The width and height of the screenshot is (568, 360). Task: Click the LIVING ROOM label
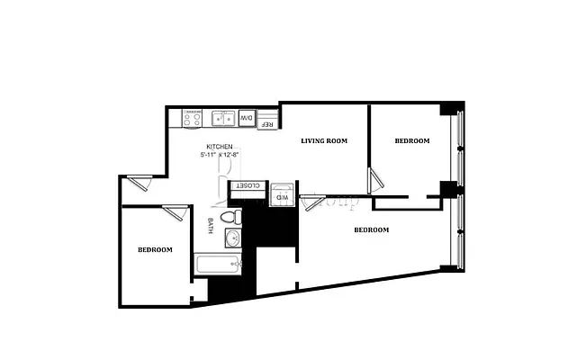324,141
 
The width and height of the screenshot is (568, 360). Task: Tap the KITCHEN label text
220,147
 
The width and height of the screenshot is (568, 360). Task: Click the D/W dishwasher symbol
246,118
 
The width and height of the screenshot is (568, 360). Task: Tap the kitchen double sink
223,118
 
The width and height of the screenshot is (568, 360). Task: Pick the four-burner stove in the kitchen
192,118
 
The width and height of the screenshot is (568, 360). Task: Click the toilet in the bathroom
230,217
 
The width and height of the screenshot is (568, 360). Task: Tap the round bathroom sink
232,238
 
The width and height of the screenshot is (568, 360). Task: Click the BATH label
211,225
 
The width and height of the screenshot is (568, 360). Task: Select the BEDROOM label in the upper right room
412,141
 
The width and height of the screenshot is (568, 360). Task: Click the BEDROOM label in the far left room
155,249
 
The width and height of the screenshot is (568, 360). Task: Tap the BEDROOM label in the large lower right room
371,229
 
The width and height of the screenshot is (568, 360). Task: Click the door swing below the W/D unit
315,202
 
